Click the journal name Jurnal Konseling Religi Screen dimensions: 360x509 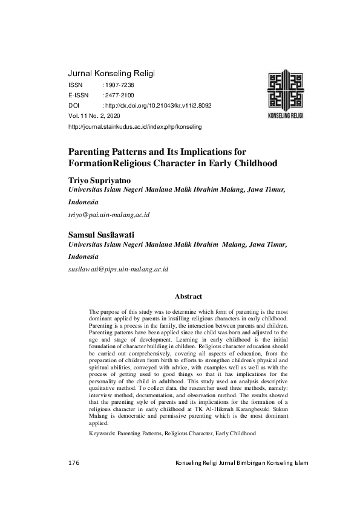click(112, 74)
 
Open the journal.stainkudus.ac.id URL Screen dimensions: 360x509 click(136, 127)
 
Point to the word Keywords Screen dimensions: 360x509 click(101, 433)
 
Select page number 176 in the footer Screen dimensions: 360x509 click(74, 463)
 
